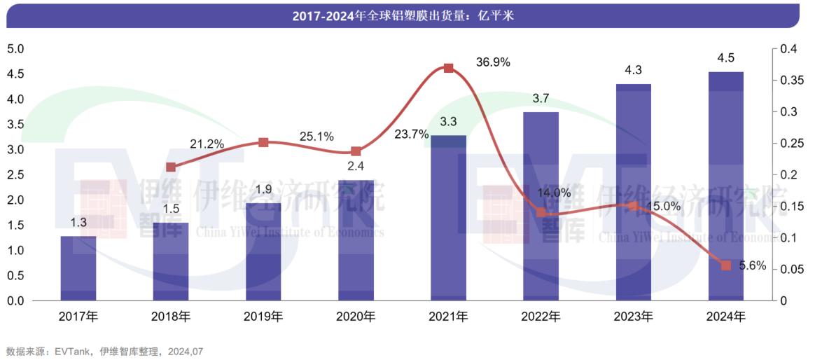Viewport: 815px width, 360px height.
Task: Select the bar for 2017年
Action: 78,269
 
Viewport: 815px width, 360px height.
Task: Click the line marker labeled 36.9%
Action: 449,68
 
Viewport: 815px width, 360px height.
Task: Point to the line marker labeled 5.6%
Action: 726,265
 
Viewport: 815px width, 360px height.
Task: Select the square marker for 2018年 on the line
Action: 171,167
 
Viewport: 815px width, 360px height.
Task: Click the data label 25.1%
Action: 316,136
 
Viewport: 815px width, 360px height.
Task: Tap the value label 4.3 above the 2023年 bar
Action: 633,69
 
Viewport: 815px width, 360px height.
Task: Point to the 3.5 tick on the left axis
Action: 15,125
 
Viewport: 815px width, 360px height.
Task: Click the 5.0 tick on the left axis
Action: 15,49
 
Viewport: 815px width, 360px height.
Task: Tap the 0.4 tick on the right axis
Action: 788,49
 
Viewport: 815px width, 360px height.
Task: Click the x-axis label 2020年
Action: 356,317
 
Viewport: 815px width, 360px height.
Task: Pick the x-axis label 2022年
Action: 541,317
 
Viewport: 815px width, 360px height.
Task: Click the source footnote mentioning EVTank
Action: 104,351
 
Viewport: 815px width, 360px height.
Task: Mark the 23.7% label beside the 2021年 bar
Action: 412,134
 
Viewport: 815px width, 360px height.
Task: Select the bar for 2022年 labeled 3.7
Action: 541,207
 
